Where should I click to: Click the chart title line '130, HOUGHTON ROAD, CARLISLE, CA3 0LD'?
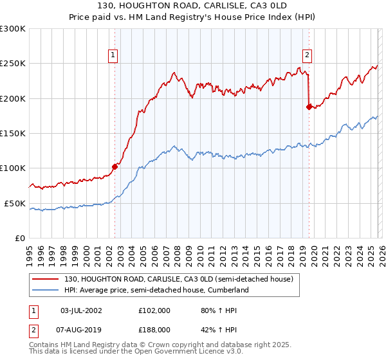192,6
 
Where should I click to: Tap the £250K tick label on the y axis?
13,64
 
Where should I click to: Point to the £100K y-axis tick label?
13,168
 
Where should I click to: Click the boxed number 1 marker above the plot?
113,55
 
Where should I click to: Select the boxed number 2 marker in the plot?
308,55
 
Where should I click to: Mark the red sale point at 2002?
115,166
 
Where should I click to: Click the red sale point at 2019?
309,107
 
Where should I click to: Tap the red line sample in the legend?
46,279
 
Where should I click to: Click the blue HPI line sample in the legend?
46,290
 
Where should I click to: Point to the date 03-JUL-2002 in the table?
80,310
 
